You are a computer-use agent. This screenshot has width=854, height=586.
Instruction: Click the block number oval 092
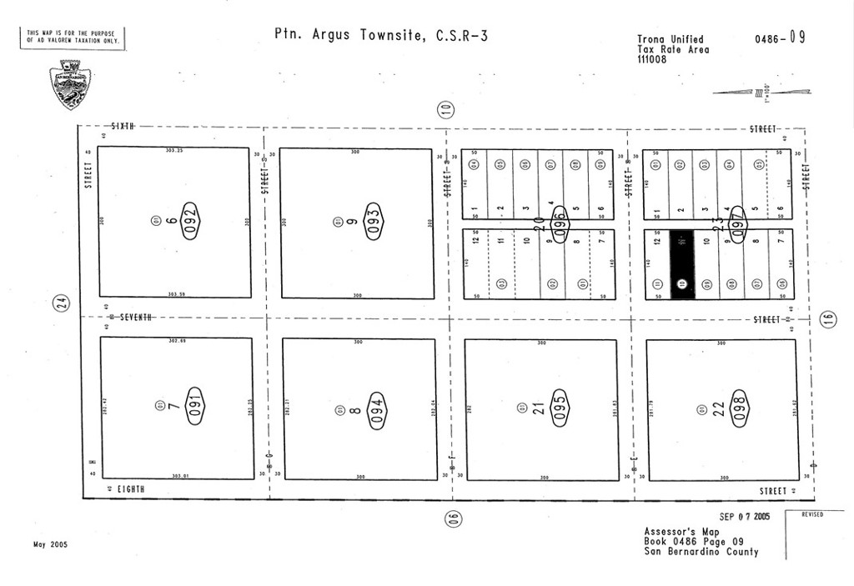point(191,221)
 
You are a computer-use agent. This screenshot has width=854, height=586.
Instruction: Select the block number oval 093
point(374,221)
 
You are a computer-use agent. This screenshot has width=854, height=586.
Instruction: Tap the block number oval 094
point(377,410)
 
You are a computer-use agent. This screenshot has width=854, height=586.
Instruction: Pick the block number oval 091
point(194,406)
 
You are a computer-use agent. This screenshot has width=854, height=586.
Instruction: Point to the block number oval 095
point(560,409)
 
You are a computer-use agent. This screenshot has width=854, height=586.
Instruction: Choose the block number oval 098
point(741,409)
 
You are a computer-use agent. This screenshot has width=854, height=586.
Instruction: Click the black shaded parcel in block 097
point(682,264)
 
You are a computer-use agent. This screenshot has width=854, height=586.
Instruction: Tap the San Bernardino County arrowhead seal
point(70,84)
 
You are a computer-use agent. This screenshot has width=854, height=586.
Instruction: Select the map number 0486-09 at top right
point(780,38)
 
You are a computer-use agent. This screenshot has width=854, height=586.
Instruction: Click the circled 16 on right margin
point(827,319)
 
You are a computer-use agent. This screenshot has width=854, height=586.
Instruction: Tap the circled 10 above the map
point(446,108)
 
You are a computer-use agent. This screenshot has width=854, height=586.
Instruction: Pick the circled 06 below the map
point(452,518)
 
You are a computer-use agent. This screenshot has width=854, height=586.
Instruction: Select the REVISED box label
point(812,515)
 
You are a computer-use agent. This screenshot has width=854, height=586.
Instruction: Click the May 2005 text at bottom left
point(50,544)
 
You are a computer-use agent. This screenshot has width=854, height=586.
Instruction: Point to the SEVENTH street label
point(135,318)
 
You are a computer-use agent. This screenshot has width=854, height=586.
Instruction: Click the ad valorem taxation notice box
point(73,38)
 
